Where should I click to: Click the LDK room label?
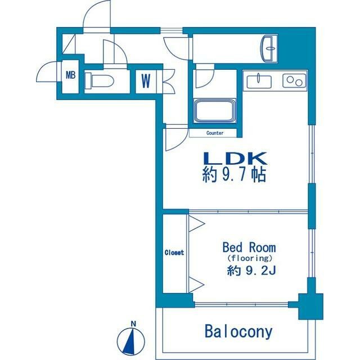click(x=236, y=159)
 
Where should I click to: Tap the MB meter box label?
click(x=70, y=75)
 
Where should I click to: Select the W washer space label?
click(x=146, y=81)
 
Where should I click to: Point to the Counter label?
click(x=215, y=133)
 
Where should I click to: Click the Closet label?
click(x=174, y=253)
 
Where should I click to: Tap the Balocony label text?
click(x=238, y=331)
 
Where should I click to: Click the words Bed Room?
click(x=249, y=247)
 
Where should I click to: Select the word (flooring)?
click(x=250, y=259)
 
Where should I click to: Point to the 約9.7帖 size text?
click(x=234, y=175)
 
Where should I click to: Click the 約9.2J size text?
click(x=251, y=271)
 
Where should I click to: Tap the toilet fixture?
click(x=99, y=80)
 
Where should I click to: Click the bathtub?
click(x=215, y=110)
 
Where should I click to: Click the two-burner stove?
click(x=294, y=80)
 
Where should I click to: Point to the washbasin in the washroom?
click(x=269, y=48)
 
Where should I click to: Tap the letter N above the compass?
click(x=133, y=324)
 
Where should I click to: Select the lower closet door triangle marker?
click(x=196, y=285)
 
